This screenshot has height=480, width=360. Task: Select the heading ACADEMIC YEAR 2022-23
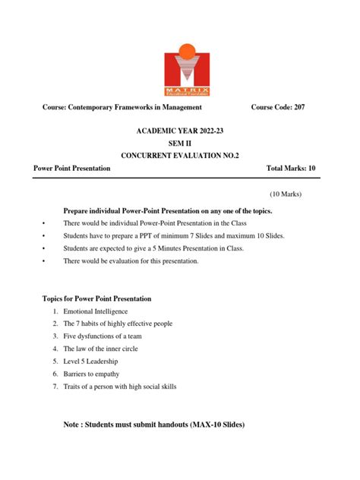[x=180, y=131]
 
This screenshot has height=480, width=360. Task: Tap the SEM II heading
[x=180, y=143]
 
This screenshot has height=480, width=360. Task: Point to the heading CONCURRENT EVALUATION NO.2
[x=180, y=155]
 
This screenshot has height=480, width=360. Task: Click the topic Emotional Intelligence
[x=107, y=311]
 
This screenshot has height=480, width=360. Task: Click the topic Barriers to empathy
[x=100, y=374]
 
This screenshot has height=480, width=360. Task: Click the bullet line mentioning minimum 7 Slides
[x=163, y=236]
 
